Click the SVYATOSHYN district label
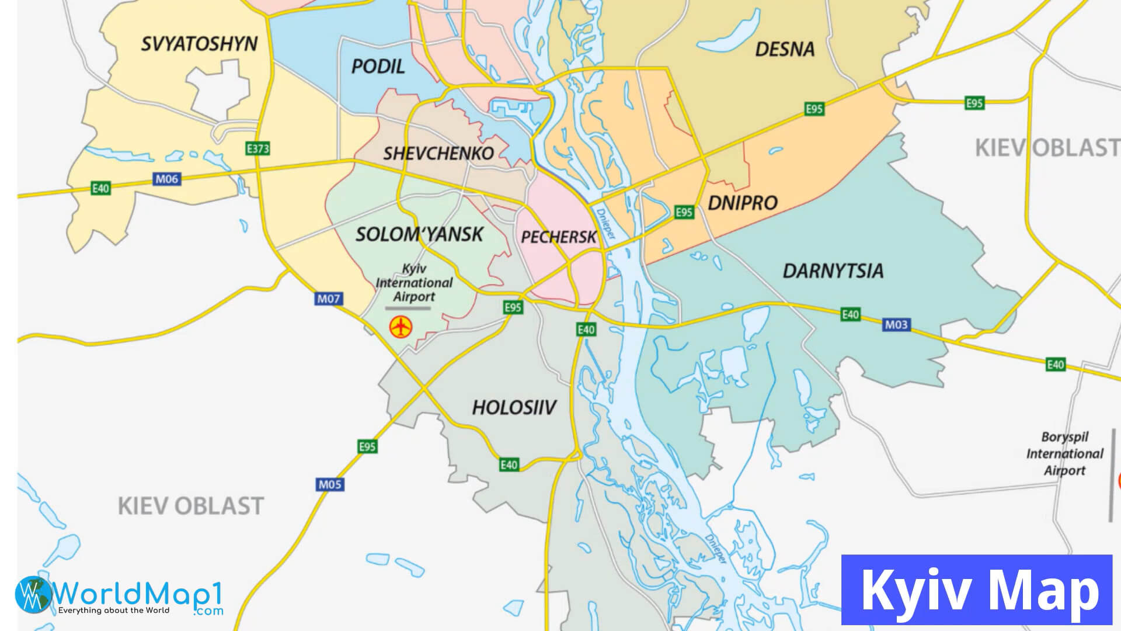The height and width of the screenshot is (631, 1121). click(x=199, y=44)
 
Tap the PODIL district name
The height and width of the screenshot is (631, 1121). click(x=378, y=67)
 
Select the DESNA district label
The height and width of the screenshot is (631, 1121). click(x=785, y=50)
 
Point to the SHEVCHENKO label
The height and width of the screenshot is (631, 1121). click(x=438, y=154)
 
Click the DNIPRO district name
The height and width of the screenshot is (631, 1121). click(x=743, y=203)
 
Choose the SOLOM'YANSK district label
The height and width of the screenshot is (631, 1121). click(x=419, y=235)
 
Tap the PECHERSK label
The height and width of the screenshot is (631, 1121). click(x=559, y=237)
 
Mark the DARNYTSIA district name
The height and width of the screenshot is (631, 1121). click(x=833, y=271)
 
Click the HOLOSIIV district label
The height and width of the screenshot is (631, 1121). click(x=514, y=408)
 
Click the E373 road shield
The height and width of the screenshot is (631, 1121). click(x=257, y=148)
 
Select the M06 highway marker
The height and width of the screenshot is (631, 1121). click(x=166, y=179)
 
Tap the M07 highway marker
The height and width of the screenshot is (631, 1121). click(x=328, y=299)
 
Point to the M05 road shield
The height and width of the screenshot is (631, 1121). click(x=330, y=484)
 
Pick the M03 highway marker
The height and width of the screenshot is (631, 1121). click(x=896, y=325)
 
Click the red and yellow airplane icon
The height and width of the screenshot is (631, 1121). click(x=401, y=327)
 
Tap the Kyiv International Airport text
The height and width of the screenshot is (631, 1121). click(x=414, y=283)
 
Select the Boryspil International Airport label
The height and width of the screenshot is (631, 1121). click(x=1064, y=454)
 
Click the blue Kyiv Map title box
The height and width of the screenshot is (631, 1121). click(x=976, y=590)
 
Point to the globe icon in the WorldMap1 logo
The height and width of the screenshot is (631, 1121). click(x=34, y=595)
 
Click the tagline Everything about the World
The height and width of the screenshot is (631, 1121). click(x=114, y=611)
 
